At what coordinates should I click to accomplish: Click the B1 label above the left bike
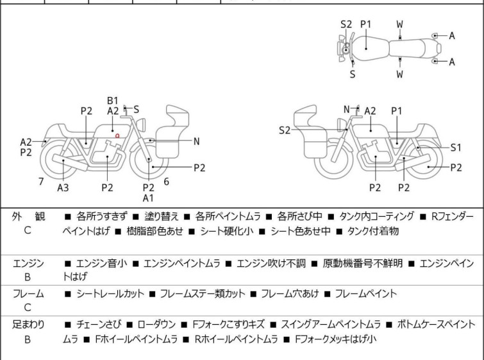[x=113, y=100]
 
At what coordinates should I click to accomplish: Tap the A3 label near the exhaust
[x=63, y=188]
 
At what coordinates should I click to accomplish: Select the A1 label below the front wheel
[x=148, y=198]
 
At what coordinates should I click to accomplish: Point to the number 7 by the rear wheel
[x=41, y=182]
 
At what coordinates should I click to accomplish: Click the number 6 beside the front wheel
[x=166, y=182]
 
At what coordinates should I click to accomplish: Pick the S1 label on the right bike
[x=456, y=147]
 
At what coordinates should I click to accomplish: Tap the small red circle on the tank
[x=117, y=135]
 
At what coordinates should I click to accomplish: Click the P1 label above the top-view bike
[x=366, y=24]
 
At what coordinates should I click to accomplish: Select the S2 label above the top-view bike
[x=346, y=24]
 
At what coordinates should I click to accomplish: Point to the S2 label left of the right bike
[x=285, y=130]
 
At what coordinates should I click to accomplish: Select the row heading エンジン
[x=28, y=263]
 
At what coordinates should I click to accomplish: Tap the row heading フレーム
[x=28, y=294]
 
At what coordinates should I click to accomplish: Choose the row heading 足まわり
[x=28, y=324]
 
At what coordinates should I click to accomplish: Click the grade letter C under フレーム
[x=28, y=307]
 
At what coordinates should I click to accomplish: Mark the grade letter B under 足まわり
[x=28, y=338]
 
